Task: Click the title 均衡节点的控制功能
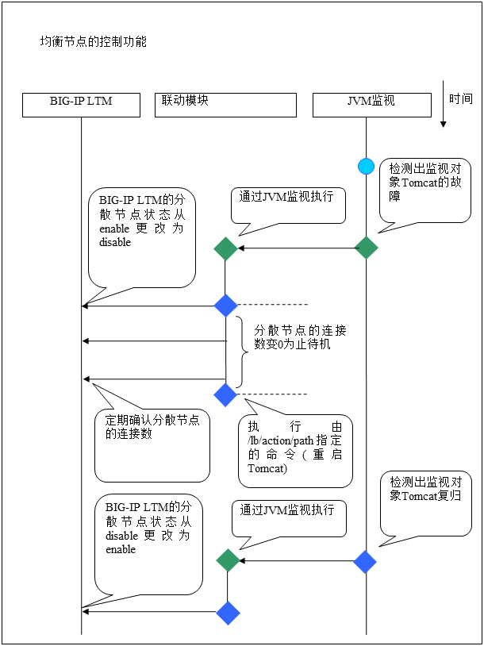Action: click(x=93, y=41)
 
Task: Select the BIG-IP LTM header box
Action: click(x=81, y=105)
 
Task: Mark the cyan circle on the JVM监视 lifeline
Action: click(x=366, y=166)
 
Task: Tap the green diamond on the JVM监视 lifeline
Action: click(x=366, y=248)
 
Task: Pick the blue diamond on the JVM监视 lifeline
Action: click(x=365, y=562)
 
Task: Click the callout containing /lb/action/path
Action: click(x=295, y=449)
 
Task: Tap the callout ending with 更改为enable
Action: click(x=148, y=544)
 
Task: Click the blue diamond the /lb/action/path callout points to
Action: click(x=226, y=394)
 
